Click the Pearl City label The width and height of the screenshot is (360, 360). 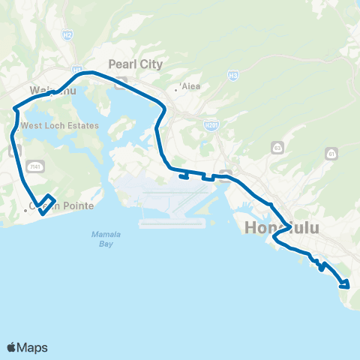pos(135,64)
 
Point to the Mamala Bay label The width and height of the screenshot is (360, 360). pos(101,238)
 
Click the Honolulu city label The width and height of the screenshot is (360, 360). pos(278,225)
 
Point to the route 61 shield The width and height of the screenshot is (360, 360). pos(331,153)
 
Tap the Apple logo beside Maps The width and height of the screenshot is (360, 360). pos(11,347)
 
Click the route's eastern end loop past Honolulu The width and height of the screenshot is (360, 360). pos(345,283)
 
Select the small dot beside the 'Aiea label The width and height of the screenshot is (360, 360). pos(175,89)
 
